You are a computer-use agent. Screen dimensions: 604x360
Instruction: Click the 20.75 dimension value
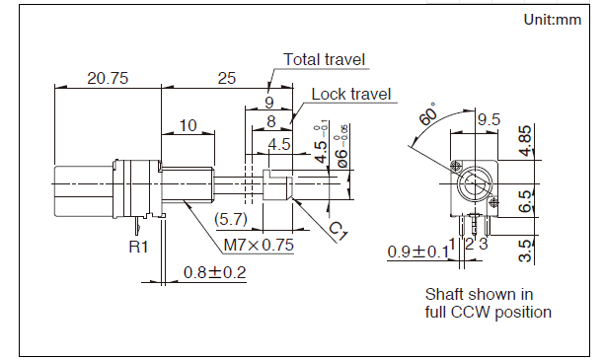pyautogui.click(x=108, y=78)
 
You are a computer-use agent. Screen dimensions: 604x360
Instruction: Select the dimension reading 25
pyautogui.click(x=227, y=78)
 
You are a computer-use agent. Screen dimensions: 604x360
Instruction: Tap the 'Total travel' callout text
pyautogui.click(x=324, y=60)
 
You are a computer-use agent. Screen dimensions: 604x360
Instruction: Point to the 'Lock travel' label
pyautogui.click(x=351, y=94)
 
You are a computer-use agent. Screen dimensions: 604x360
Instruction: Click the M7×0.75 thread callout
pyautogui.click(x=259, y=245)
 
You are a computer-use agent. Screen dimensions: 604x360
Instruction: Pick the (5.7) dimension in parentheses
pyautogui.click(x=231, y=220)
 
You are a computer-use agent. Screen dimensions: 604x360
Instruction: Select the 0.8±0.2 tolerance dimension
pyautogui.click(x=214, y=272)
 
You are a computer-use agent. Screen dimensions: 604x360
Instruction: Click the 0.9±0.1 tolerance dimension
pyautogui.click(x=417, y=252)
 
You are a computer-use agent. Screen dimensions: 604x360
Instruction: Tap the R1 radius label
pyautogui.click(x=138, y=247)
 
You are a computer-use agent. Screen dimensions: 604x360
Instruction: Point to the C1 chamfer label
pyautogui.click(x=339, y=231)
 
